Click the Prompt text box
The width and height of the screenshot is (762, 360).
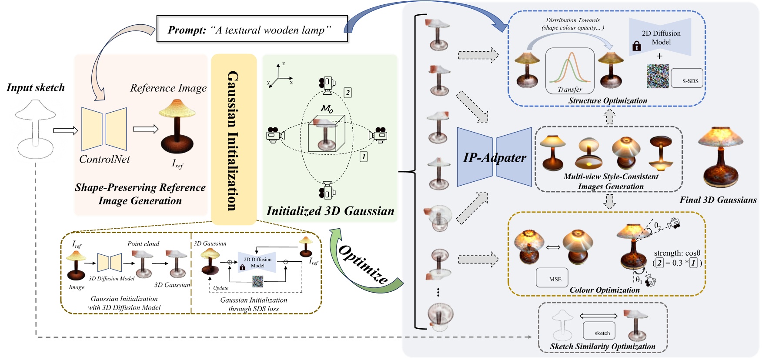click(x=252, y=29)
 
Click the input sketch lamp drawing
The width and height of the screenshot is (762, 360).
click(x=35, y=129)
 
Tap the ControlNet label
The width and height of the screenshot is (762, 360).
click(x=104, y=159)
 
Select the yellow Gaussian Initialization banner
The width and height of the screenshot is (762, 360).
click(x=234, y=139)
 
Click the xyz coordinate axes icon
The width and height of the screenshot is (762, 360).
click(x=279, y=76)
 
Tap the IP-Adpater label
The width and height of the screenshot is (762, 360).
click(x=495, y=157)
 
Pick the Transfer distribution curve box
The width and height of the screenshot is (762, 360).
click(x=570, y=71)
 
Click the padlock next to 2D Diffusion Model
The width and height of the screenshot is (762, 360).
click(x=637, y=46)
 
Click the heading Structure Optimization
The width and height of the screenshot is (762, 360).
click(x=608, y=100)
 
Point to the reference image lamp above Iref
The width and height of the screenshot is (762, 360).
click(x=177, y=126)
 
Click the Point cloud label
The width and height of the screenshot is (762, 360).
click(x=143, y=244)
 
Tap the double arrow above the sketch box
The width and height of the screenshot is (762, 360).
click(x=598, y=316)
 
